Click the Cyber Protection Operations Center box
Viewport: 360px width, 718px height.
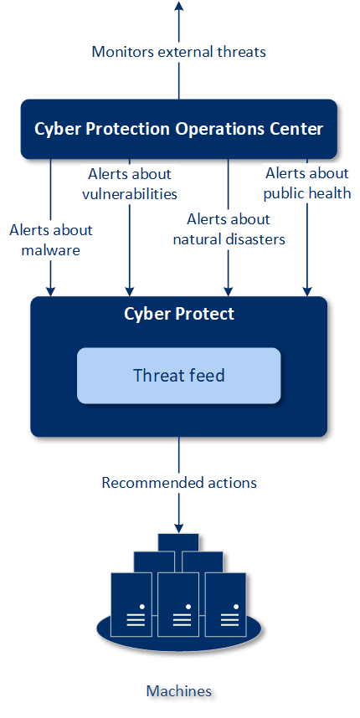(x=178, y=129)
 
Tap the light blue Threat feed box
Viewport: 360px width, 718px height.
(x=178, y=376)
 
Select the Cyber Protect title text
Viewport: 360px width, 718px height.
(x=179, y=314)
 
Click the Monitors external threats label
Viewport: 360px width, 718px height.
(x=178, y=51)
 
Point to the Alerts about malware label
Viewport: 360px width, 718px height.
(x=51, y=240)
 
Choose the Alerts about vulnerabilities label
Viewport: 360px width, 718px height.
(x=130, y=183)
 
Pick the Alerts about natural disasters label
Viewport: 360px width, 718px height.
(x=229, y=229)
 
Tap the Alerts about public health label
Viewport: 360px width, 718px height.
(x=307, y=183)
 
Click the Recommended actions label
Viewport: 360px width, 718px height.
(x=179, y=483)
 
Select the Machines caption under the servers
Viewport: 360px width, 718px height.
(x=179, y=690)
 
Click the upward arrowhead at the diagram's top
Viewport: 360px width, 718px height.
(x=179, y=6)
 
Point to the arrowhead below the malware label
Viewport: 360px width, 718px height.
(x=51, y=291)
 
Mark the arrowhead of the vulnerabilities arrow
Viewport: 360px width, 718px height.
(x=130, y=291)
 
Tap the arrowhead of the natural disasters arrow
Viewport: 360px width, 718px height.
(x=228, y=291)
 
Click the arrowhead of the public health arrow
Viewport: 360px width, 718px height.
(x=307, y=291)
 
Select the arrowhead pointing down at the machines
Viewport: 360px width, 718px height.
(x=179, y=527)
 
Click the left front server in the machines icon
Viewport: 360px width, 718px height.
(x=131, y=604)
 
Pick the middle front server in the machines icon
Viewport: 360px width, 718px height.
(x=178, y=604)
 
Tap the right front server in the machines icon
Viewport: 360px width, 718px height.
(x=225, y=604)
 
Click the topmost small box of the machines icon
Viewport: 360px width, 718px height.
(x=178, y=542)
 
